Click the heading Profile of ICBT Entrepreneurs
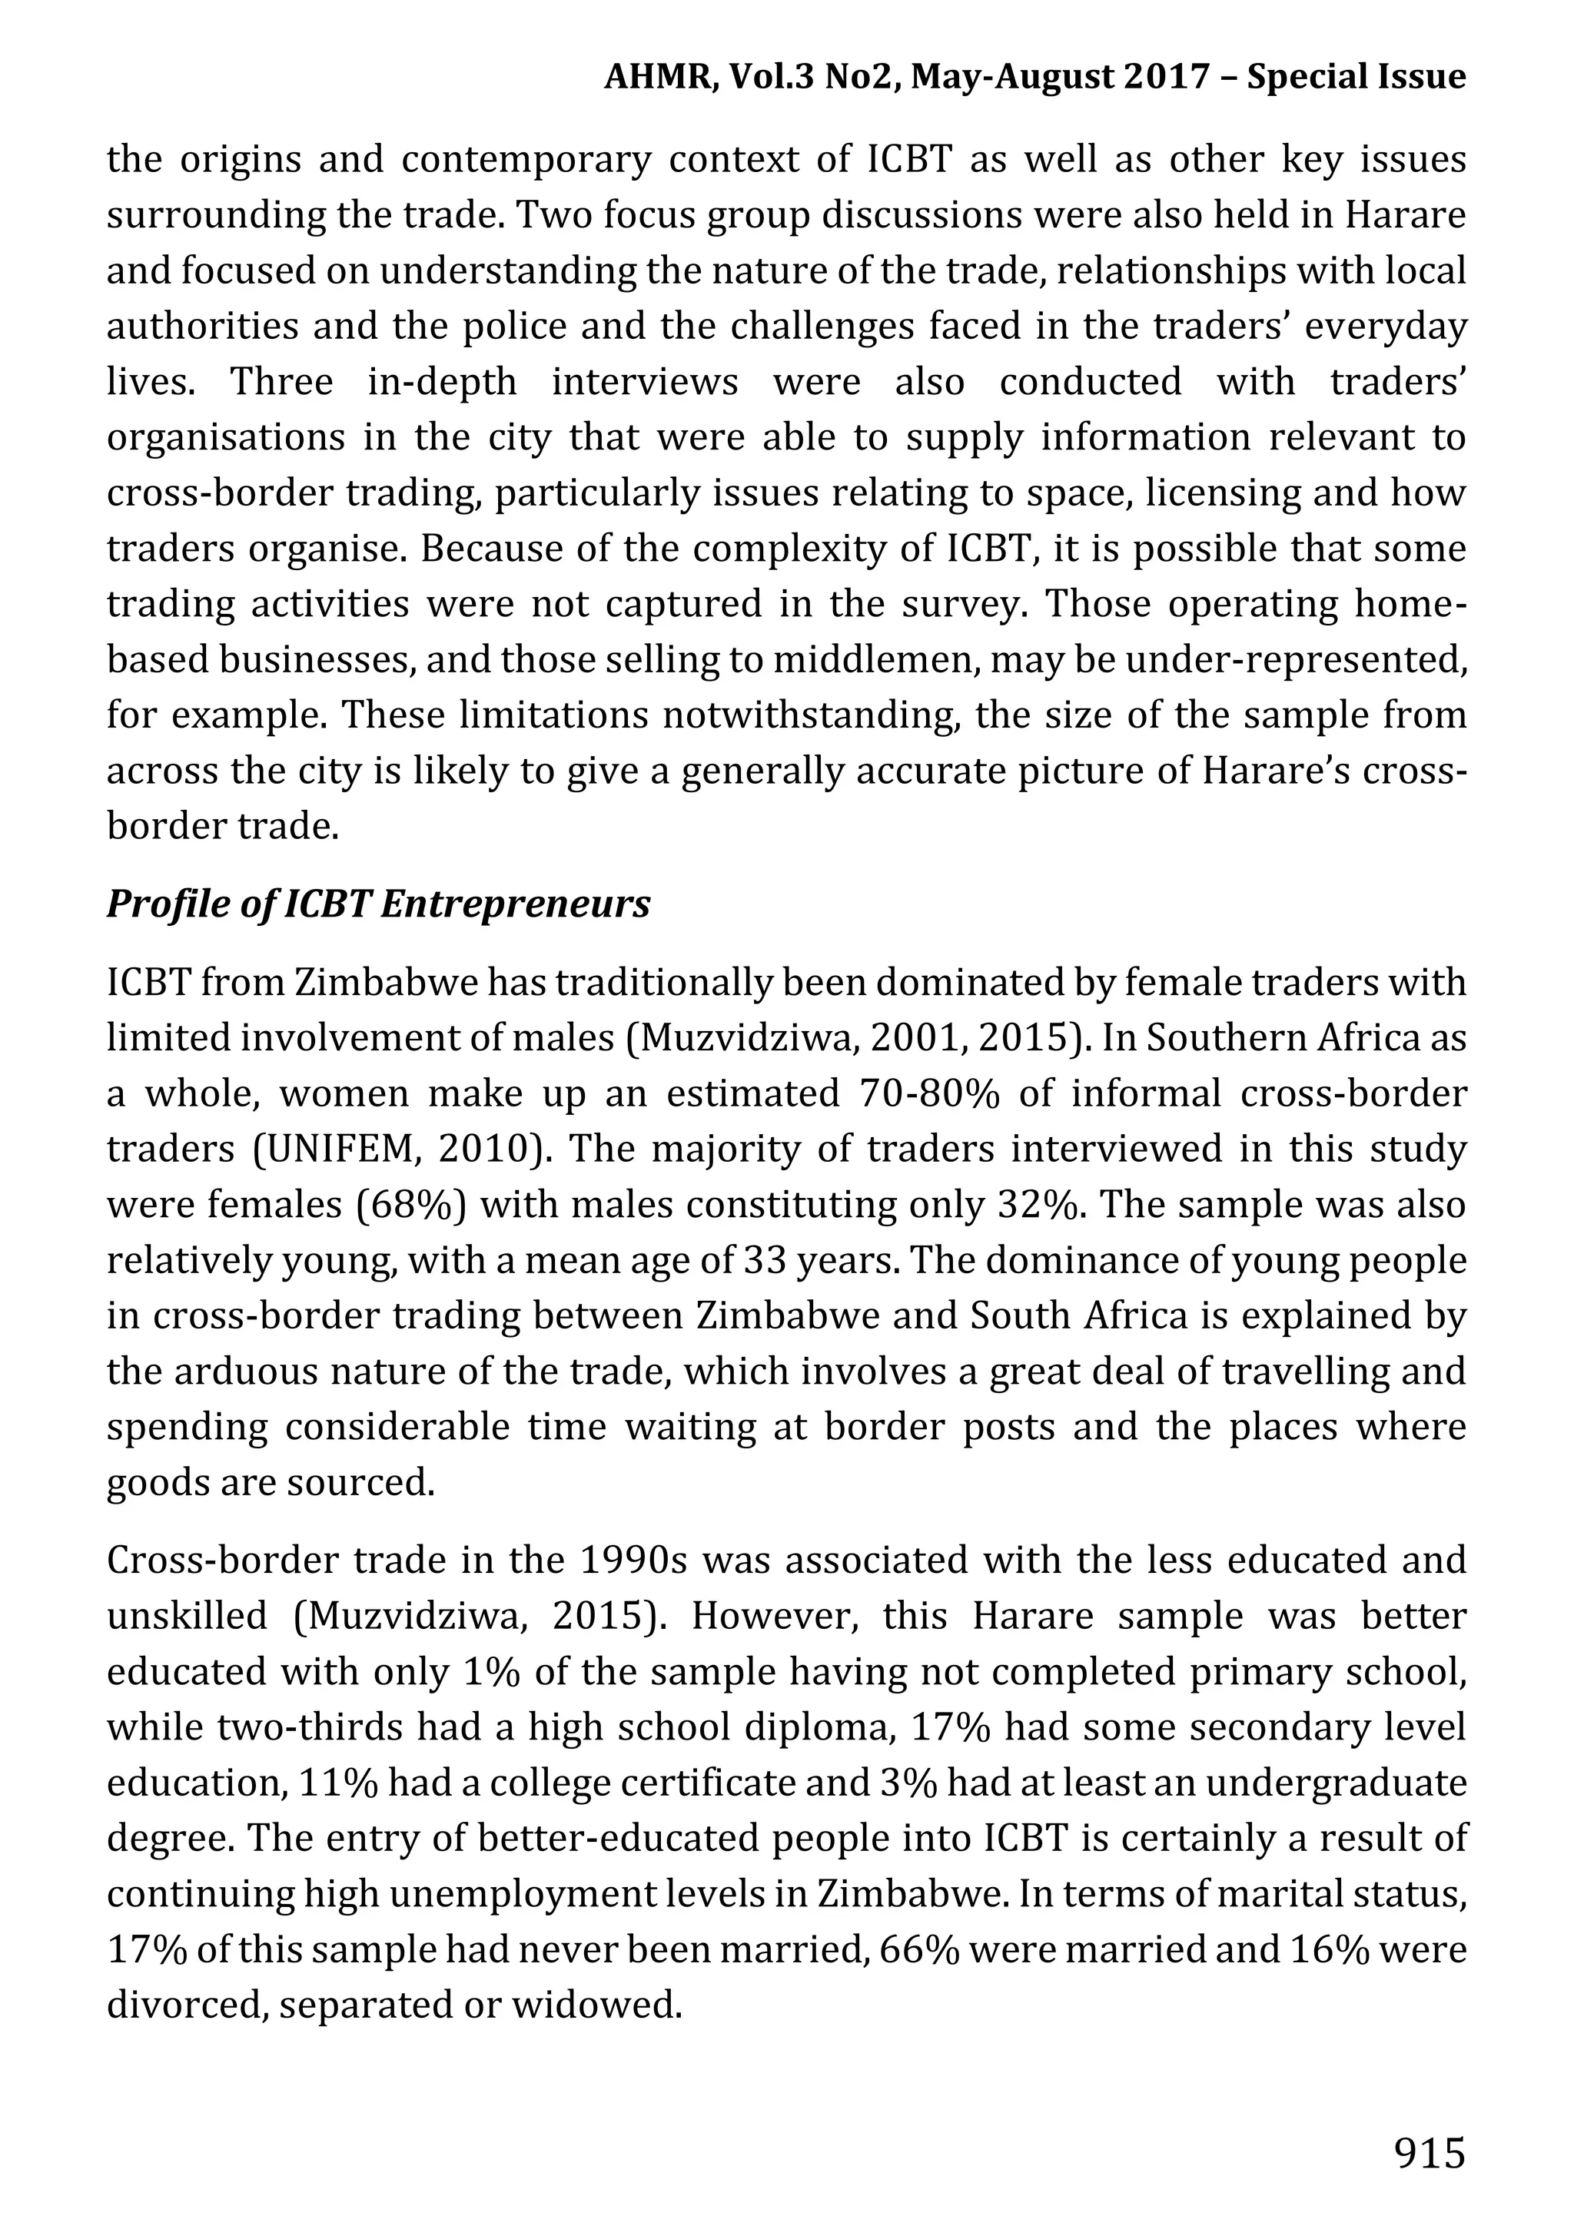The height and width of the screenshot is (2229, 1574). pyautogui.click(x=377, y=904)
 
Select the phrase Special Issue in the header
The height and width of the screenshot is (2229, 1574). pyautogui.click(x=1356, y=77)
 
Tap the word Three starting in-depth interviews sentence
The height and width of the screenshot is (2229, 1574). pyautogui.click(x=281, y=383)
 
